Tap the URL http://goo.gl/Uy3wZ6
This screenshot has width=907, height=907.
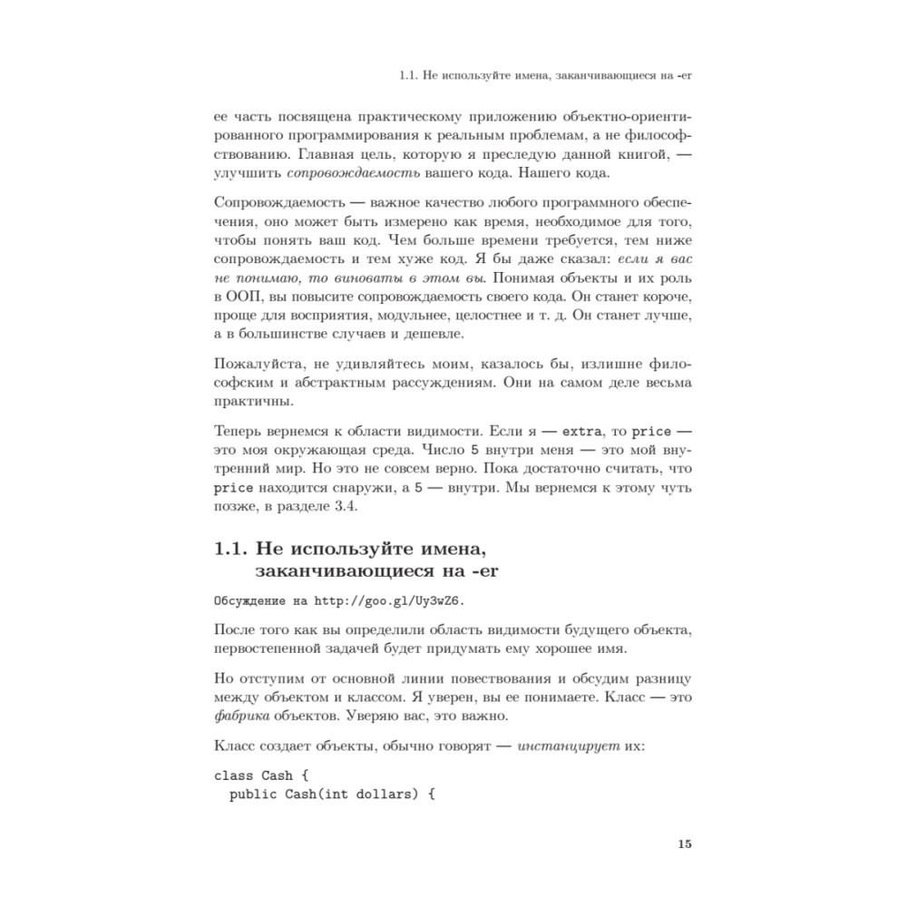coord(394,600)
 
